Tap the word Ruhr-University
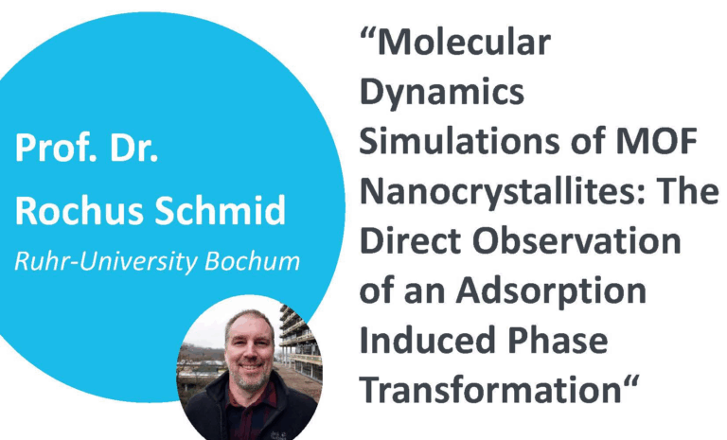pyautogui.click(x=107, y=262)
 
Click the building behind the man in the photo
pyautogui.click(x=301, y=341)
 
